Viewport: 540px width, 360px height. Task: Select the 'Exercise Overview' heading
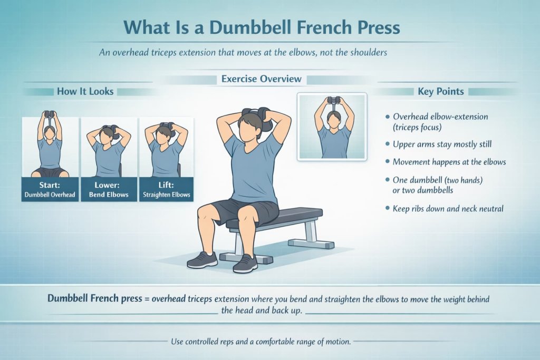tap(261, 79)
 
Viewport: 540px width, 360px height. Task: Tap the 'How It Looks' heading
tap(85, 91)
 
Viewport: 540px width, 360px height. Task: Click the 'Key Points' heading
tap(440, 91)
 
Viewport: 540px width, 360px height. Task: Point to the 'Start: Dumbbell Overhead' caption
tap(50, 190)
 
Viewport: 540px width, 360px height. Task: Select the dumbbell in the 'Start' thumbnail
tap(50, 114)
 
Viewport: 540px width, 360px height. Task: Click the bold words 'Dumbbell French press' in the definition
tap(94, 299)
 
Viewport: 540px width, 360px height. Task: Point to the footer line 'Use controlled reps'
tap(261, 342)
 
